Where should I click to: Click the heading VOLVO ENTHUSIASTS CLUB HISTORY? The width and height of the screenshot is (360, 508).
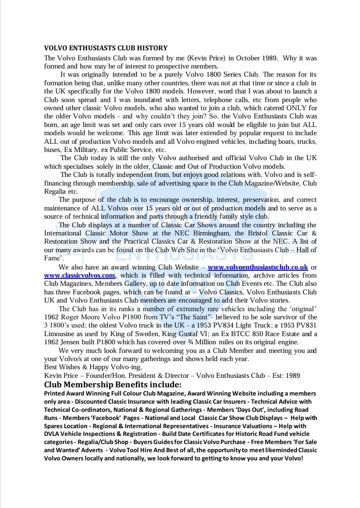coord(106,48)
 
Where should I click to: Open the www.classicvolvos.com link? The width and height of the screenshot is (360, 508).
coord(80,275)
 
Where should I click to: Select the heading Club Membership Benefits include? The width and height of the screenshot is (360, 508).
coord(112,385)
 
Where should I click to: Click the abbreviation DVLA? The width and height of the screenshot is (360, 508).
coord(53,434)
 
